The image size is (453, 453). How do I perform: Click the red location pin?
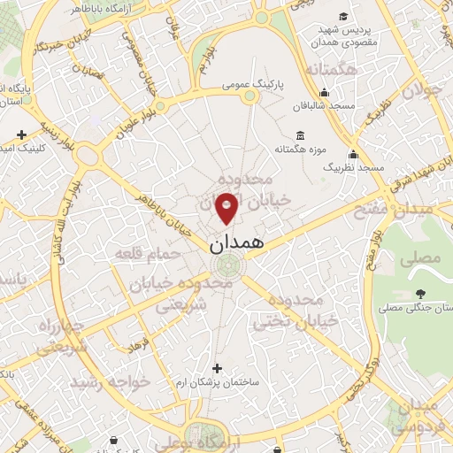coord(227,206)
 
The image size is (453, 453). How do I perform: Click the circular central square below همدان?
coord(230,265)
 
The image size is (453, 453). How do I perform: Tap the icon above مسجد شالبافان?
coord(325,91)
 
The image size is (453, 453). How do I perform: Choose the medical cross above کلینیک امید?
coord(22,135)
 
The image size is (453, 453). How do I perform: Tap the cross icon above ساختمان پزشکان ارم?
coord(218,367)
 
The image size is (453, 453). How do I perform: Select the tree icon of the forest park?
coord(418,295)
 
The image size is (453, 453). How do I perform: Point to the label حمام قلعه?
coord(147,254)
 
